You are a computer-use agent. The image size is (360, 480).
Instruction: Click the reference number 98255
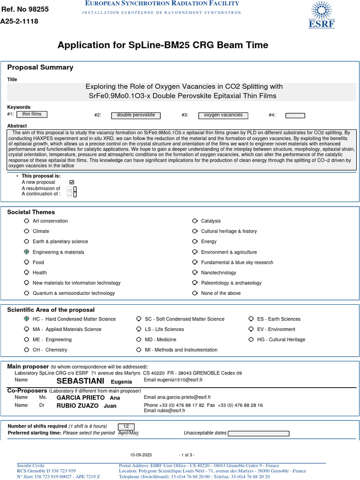35,9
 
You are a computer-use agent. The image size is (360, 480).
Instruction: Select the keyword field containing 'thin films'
32,114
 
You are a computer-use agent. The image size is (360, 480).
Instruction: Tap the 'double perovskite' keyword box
136,115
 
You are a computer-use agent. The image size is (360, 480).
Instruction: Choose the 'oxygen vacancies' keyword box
223,115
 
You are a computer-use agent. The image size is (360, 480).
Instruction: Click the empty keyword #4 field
295,116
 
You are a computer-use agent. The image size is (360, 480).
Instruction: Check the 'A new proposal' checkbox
72,182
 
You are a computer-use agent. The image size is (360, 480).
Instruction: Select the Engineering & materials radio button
27,252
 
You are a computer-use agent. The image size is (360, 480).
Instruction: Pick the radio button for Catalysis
195,221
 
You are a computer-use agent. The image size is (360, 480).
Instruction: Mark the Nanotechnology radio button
195,273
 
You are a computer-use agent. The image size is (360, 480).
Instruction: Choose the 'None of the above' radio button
195,293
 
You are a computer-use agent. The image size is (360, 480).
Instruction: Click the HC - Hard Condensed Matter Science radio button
27,319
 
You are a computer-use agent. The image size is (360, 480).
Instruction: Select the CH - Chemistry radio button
27,350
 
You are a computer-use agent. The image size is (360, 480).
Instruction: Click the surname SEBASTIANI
80,381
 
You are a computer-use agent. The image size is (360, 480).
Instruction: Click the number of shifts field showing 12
126,426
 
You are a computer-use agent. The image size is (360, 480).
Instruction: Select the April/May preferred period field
128,433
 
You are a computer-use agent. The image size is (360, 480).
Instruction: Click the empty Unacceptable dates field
258,434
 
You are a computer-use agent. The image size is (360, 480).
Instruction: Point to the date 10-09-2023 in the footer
141,455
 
